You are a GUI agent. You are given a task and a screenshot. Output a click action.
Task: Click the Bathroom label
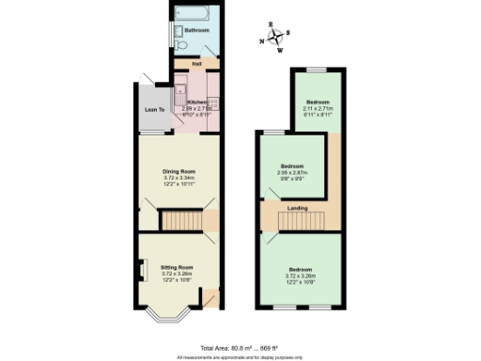(196, 31)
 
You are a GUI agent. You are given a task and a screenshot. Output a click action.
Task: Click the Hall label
(196, 64)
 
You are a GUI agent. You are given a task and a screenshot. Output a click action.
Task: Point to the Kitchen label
(196, 102)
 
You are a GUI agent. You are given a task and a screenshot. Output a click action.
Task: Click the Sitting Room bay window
(169, 315)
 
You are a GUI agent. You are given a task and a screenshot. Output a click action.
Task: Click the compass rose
(274, 39)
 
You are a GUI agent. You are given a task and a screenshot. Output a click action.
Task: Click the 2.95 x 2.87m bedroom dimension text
(292, 173)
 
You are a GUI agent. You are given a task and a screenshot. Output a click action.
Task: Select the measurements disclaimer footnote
(240, 357)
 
